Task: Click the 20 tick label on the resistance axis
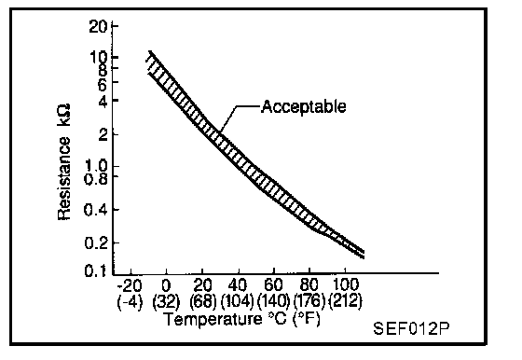[x=98, y=26]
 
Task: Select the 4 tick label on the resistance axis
[x=103, y=101]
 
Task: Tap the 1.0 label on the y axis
[x=96, y=165]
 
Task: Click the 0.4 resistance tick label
[x=96, y=210]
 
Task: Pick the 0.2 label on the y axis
[x=96, y=243]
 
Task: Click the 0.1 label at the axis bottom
[x=95, y=270]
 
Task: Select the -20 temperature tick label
[x=130, y=285]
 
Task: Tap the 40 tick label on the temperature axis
[x=238, y=285]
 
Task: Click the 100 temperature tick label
[x=345, y=285]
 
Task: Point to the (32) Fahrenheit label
[x=166, y=302]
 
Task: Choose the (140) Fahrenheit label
[x=273, y=302]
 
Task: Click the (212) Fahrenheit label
[x=345, y=301]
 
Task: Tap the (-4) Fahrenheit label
[x=130, y=302]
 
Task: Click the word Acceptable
[x=304, y=107]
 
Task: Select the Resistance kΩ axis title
[x=64, y=162]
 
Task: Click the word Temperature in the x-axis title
[x=213, y=319]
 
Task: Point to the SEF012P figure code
[x=411, y=328]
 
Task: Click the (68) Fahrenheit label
[x=203, y=302]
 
